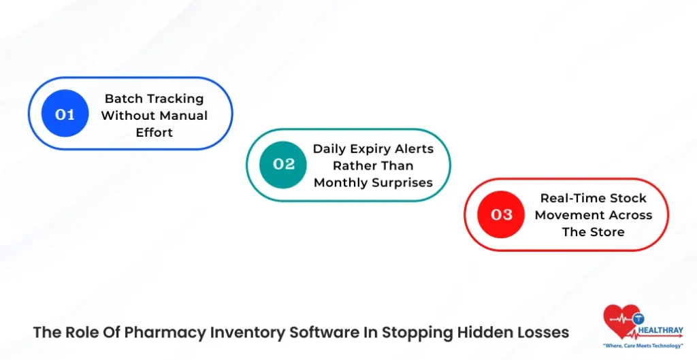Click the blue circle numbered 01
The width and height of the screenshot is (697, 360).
pos(65,114)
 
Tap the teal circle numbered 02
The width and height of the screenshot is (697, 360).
pos(283,165)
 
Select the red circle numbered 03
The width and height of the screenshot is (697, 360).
pos(501,215)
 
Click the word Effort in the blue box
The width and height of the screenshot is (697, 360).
pos(155,132)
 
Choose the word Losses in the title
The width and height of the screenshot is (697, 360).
pos(542,333)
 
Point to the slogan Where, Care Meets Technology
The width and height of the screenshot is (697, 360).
pos(643,346)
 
